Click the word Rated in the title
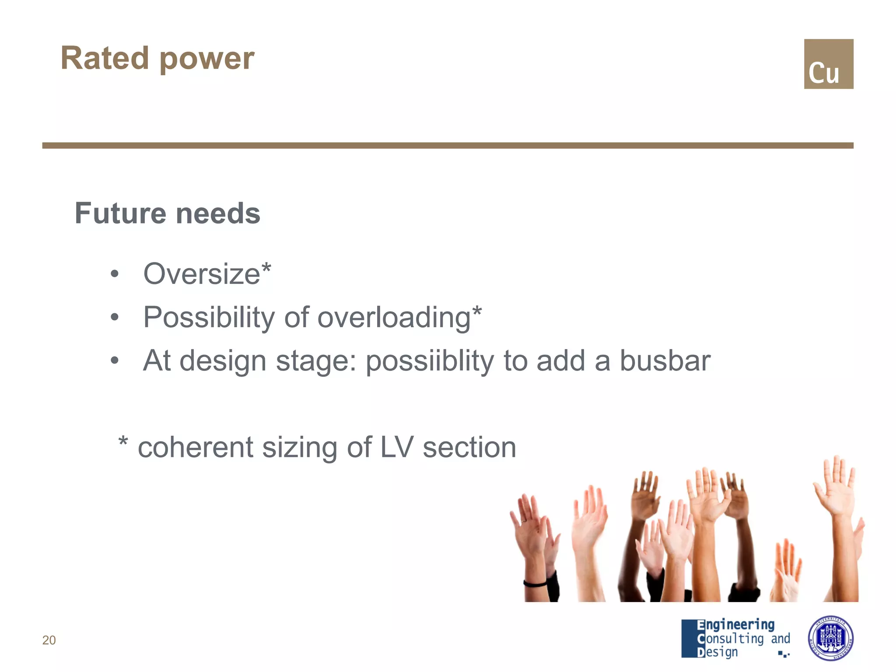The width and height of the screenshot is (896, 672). [105, 58]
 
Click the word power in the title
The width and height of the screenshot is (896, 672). [207, 59]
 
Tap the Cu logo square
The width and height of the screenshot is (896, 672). [828, 64]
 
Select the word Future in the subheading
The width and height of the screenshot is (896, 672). [120, 213]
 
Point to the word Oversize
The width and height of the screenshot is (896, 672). [202, 274]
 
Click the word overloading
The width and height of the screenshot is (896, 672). [393, 318]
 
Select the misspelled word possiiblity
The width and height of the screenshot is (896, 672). [430, 361]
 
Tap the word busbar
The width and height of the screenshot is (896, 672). [665, 361]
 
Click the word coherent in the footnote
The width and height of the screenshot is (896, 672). [196, 448]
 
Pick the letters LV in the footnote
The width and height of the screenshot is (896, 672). [396, 448]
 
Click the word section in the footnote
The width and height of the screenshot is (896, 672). [469, 448]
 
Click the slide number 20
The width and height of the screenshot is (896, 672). [49, 640]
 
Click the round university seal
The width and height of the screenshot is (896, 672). [830, 638]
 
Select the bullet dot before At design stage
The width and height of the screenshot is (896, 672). [115, 361]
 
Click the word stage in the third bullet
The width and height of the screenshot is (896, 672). [315, 361]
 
